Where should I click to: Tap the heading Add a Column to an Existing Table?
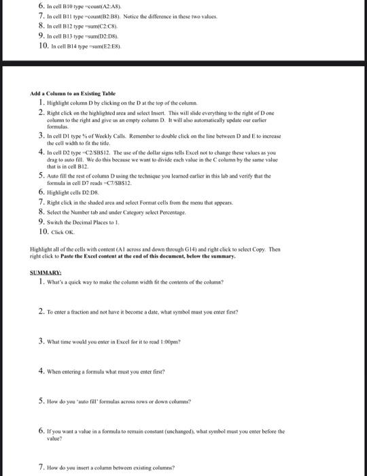point(73,92)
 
